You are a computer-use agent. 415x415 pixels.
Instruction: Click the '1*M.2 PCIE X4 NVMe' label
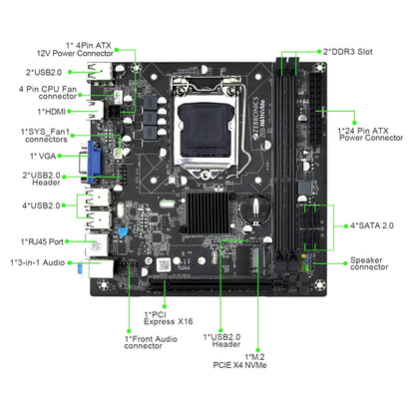261,361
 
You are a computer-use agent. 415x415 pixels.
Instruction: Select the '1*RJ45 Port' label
43,240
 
